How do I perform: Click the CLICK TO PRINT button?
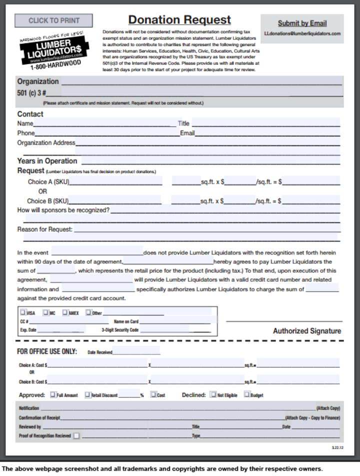[53, 20]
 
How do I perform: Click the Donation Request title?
[179, 20]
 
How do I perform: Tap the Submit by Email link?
[302, 23]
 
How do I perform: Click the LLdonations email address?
[302, 33]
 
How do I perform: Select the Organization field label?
[38, 81]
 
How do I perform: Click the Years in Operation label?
[47, 161]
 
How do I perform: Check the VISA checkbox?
[21, 313]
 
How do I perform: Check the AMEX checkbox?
[65, 313]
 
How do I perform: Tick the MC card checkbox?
[45, 313]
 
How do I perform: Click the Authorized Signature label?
[306, 331]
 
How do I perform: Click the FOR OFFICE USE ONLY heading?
[47, 351]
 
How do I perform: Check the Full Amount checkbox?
[53, 394]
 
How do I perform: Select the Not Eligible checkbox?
[213, 394]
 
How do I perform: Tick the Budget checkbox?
[246, 394]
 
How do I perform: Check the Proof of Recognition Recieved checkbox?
[76, 436]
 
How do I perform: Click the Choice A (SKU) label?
[48, 182]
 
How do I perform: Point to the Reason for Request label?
[44, 229]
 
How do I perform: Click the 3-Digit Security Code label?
[120, 330]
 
